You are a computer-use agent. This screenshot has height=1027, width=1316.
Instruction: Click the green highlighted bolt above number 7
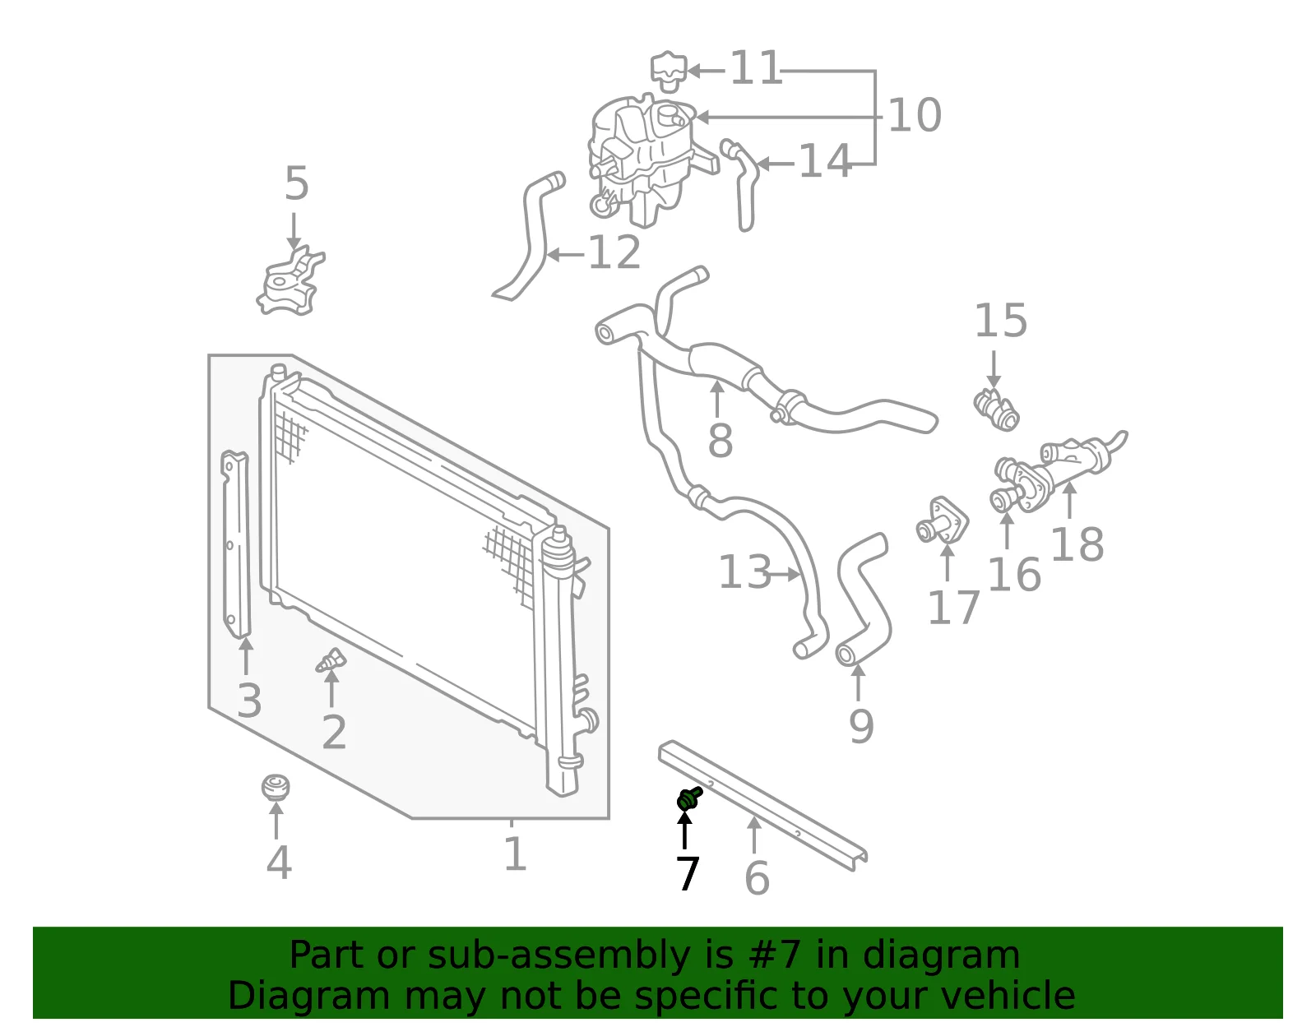688,799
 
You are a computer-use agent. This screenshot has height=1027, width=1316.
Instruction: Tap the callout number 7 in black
688,873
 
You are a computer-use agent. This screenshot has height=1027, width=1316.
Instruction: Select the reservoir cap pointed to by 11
669,72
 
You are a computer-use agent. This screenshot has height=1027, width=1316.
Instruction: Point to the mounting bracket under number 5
290,281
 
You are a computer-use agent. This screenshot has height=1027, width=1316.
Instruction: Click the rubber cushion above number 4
276,788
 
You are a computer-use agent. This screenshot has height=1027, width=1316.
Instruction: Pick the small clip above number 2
331,660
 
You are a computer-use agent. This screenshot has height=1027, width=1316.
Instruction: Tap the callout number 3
249,701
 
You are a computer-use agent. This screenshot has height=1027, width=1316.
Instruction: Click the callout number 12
614,252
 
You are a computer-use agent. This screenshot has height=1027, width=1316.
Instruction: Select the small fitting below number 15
996,409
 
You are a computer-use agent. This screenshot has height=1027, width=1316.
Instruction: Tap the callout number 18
1077,544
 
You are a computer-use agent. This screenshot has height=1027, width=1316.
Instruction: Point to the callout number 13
745,572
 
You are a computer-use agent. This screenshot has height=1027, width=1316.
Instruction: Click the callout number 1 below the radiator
515,854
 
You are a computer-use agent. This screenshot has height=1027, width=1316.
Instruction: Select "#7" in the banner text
770,955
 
